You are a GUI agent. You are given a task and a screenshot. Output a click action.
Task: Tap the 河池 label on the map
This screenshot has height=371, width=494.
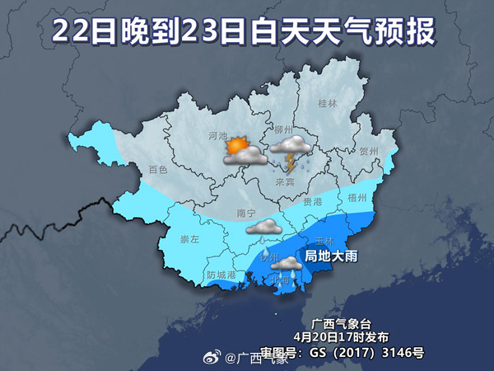(x=218, y=135)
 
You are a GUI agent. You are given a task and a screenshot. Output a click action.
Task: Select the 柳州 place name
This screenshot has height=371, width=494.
(x=284, y=130)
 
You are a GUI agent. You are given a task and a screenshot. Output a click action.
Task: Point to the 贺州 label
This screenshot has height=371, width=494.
(x=368, y=152)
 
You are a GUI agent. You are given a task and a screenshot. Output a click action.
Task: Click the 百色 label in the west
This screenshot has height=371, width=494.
(x=157, y=170)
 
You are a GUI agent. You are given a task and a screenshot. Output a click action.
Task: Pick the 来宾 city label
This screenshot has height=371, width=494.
(x=285, y=181)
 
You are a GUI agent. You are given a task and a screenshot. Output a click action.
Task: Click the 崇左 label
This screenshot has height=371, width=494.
(x=189, y=239)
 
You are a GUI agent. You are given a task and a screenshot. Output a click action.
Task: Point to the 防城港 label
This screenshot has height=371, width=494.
(x=221, y=274)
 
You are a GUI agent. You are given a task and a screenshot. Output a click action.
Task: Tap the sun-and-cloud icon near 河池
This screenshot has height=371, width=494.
(x=244, y=151)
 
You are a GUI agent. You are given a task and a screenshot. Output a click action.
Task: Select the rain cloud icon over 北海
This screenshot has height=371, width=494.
(x=287, y=266)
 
